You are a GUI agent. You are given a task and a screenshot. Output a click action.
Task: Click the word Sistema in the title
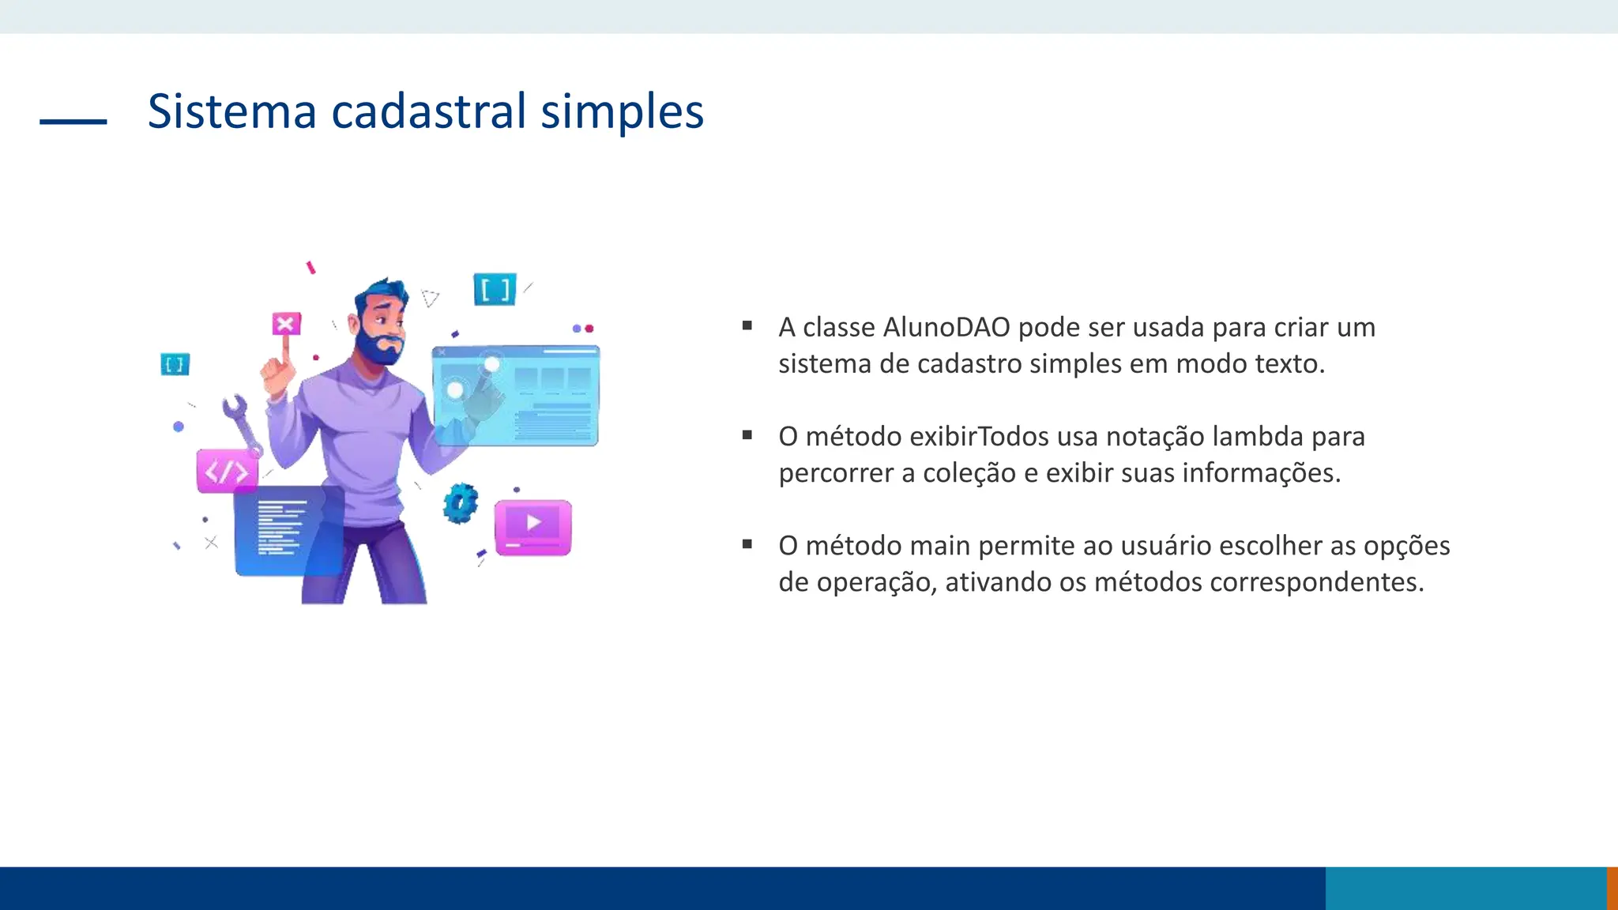[x=231, y=111]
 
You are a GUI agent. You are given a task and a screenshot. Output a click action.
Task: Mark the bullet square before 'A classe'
[x=747, y=325]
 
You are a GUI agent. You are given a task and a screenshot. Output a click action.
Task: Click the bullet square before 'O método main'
[x=747, y=543]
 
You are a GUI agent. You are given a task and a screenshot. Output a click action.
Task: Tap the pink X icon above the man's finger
[x=286, y=324]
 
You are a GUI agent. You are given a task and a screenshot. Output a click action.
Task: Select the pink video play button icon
[x=533, y=526]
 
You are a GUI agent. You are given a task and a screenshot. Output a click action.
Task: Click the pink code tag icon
[x=227, y=472]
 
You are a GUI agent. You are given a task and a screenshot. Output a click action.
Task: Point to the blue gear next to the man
[x=461, y=503]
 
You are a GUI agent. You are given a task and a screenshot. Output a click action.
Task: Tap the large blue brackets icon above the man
[x=495, y=290]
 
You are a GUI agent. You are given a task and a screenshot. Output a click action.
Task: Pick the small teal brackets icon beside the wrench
[x=175, y=364]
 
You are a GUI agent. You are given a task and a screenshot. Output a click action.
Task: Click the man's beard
[x=379, y=348]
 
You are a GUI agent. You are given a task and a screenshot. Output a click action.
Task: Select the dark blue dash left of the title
[x=73, y=122]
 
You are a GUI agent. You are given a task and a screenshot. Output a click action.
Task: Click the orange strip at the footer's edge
[x=1612, y=888]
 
